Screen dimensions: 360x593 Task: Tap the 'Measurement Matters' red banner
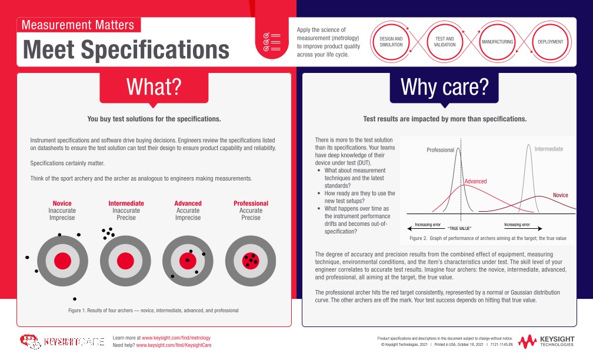[78, 25]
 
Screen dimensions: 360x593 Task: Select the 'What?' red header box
[154, 87]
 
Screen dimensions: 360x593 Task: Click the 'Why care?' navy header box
[444, 87]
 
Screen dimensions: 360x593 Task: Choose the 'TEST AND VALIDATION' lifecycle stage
[444, 42]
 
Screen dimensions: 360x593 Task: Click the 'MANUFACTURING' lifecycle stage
[498, 42]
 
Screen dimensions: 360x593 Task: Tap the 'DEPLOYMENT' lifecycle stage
[550, 42]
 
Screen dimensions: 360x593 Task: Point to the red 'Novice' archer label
[62, 204]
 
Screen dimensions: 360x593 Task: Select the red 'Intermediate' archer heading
[126, 204]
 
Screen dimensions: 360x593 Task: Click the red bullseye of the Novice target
[62, 261]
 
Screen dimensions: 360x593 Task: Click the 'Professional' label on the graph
[440, 150]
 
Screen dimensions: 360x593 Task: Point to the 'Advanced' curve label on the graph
[475, 181]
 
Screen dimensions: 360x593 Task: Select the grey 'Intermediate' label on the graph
[548, 149]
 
